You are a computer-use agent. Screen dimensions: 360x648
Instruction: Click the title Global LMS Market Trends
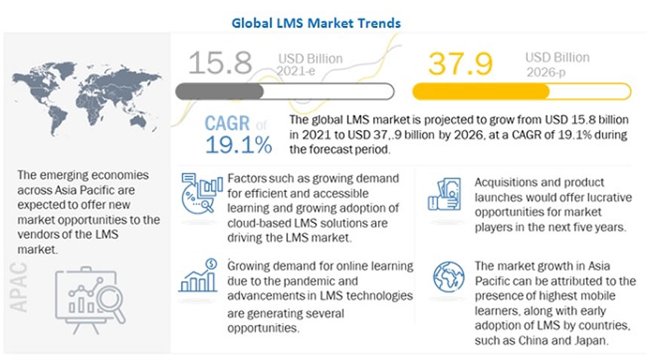click(316, 23)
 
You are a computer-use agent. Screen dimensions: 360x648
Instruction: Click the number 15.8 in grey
click(219, 62)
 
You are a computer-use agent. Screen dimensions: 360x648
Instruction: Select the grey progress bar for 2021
click(284, 91)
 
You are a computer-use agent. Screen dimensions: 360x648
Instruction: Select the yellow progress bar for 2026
click(521, 92)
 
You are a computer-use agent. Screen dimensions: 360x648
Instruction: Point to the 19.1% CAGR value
click(238, 146)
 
